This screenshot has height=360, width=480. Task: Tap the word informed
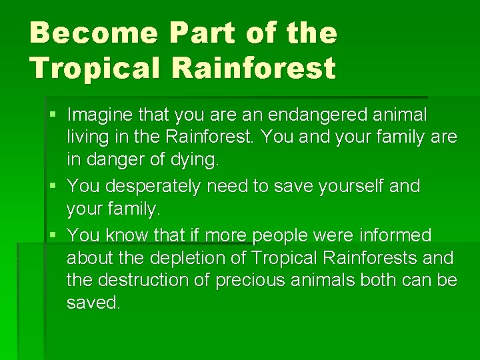click(x=397, y=235)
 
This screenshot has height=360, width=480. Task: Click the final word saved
click(x=93, y=303)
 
